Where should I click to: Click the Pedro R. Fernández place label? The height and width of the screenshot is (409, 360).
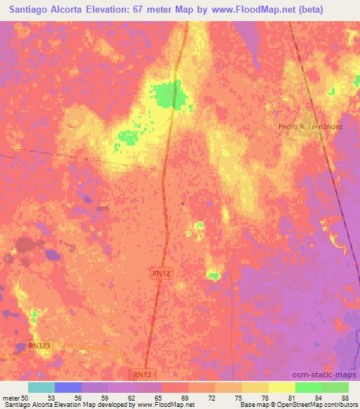tap(310, 126)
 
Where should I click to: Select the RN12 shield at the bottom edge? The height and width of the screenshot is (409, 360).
tap(142, 376)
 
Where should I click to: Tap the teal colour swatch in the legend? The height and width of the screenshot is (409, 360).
tap(41, 387)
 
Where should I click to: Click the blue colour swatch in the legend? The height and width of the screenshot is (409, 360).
tap(68, 387)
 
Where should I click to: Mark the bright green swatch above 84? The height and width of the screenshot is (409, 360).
tap(309, 387)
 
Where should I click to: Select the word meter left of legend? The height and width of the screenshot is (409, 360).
tap(10, 397)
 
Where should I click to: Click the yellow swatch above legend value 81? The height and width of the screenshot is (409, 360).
tap(282, 387)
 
